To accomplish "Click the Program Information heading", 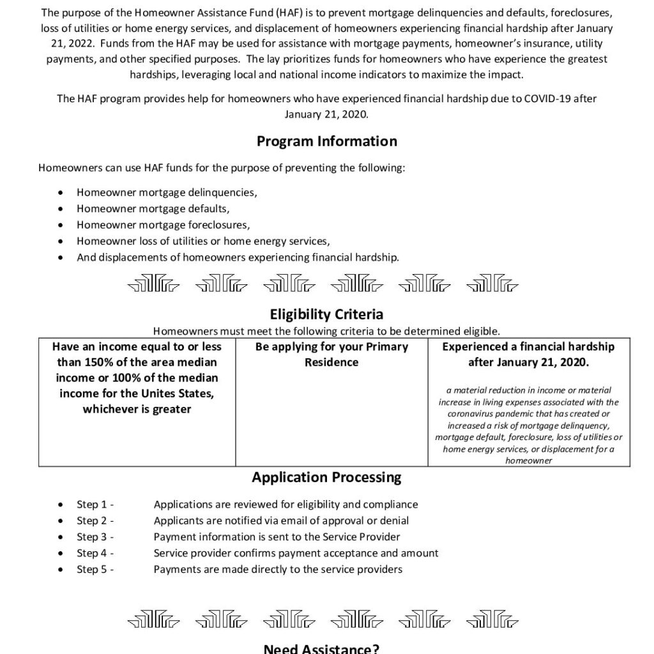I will click(326, 141).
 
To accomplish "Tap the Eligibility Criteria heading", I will click(326, 314).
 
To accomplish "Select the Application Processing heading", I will click(326, 477).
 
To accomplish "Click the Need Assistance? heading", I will click(322, 649).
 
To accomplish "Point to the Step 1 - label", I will click(95, 505).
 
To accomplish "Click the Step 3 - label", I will click(95, 536).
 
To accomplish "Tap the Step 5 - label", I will click(95, 568).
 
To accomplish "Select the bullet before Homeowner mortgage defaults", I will click(60, 208).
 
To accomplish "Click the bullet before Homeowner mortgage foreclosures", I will click(60, 225).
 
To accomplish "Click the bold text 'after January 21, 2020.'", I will click(528, 362).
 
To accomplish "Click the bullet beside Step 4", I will click(60, 553).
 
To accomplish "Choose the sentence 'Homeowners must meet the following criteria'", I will click(326, 331).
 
